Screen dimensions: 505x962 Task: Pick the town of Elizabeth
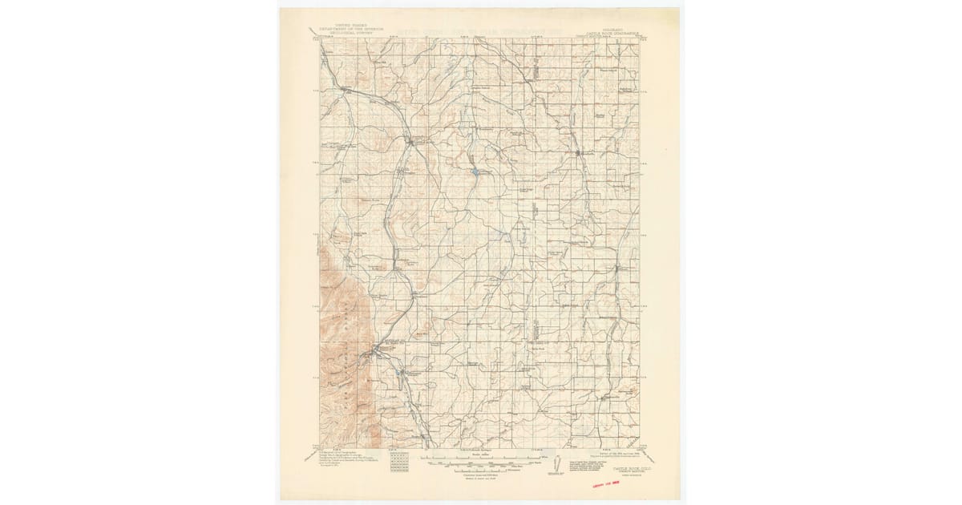[x=579, y=151]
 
